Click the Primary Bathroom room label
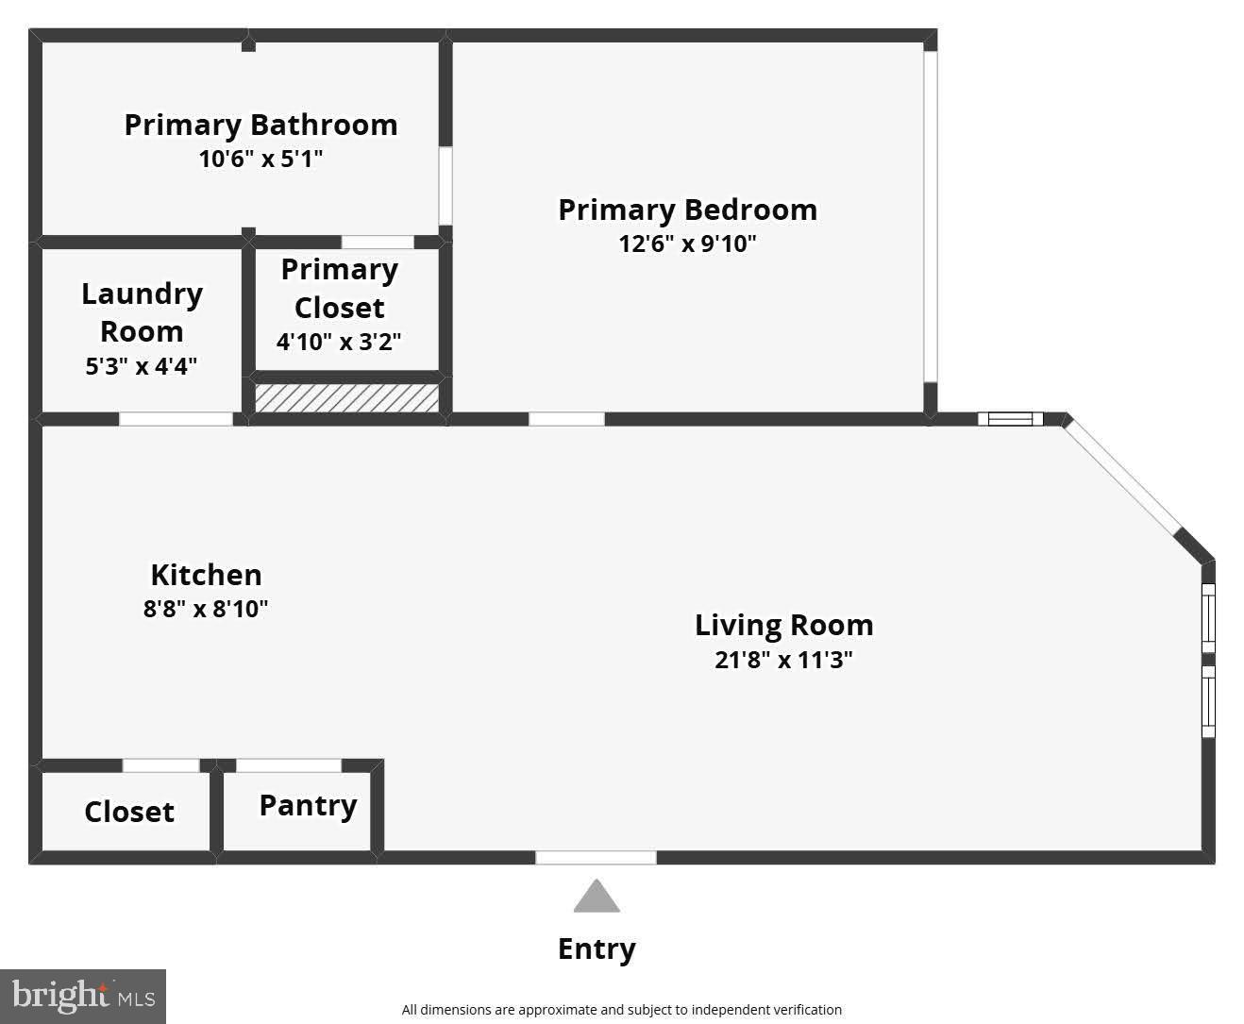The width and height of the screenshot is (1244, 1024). (261, 126)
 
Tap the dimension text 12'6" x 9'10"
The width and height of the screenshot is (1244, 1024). (687, 243)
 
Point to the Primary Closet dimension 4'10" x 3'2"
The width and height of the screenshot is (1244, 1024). (339, 342)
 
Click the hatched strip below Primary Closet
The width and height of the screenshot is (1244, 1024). (346, 397)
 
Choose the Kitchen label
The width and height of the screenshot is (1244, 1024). (206, 575)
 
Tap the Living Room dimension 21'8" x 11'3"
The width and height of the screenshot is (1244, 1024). (783, 660)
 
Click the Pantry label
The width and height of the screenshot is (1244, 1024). (308, 805)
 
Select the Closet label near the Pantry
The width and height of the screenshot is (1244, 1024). (129, 812)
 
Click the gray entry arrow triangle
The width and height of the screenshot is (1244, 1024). (597, 898)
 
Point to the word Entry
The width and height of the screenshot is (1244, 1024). (597, 948)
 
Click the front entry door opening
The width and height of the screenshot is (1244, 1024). (596, 857)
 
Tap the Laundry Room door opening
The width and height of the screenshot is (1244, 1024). (176, 419)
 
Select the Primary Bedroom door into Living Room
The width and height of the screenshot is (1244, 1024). (566, 419)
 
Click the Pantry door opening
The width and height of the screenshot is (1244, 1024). (288, 765)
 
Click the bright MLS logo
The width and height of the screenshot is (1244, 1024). (83, 997)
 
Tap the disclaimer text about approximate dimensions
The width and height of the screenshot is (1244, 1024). (621, 1010)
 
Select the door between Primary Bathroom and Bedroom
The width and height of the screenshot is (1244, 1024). (445, 186)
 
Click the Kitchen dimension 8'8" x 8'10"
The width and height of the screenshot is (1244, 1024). (206, 609)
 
